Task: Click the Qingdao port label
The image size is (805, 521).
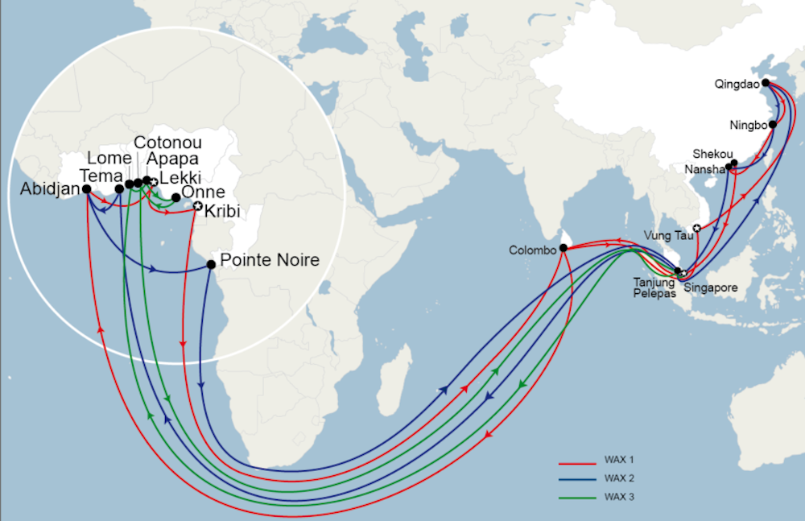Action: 736,82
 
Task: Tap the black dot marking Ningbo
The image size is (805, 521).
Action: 773,125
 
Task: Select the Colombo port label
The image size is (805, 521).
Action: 532,250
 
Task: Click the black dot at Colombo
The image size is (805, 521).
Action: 563,248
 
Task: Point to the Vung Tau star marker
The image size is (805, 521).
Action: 696,228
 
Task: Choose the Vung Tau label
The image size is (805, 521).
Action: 667,235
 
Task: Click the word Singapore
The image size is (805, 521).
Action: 710,287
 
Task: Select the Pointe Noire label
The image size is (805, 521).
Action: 269,260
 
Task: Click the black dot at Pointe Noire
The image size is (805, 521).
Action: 211,264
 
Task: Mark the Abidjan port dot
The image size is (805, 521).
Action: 86,189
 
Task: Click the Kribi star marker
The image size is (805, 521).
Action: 197,207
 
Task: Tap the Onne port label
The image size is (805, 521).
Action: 204,192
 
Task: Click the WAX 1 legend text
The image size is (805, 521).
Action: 620,460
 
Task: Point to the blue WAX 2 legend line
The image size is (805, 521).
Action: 576,478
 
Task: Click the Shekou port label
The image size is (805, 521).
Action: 712,154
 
